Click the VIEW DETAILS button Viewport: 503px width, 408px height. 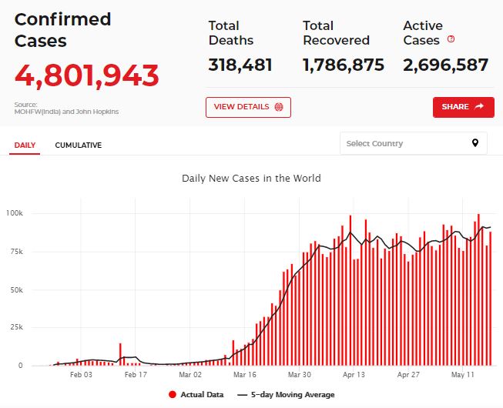tap(248, 107)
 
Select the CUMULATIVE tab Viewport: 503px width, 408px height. tap(78, 145)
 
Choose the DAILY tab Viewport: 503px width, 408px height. tap(25, 145)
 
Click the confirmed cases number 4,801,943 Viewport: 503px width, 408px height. tap(87, 75)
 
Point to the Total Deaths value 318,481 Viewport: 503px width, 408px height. tap(240, 65)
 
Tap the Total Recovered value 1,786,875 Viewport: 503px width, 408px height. tap(343, 65)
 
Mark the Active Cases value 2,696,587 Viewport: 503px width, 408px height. tap(445, 65)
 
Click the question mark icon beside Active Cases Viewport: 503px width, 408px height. tap(451, 39)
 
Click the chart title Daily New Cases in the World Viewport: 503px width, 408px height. tap(251, 178)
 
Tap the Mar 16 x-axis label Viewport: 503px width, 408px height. tap(244, 375)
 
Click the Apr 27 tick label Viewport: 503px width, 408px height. tap(407, 375)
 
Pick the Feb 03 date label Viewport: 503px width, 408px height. tap(81, 375)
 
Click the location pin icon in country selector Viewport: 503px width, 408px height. tap(475, 143)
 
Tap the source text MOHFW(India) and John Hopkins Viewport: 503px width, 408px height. tap(66, 112)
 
